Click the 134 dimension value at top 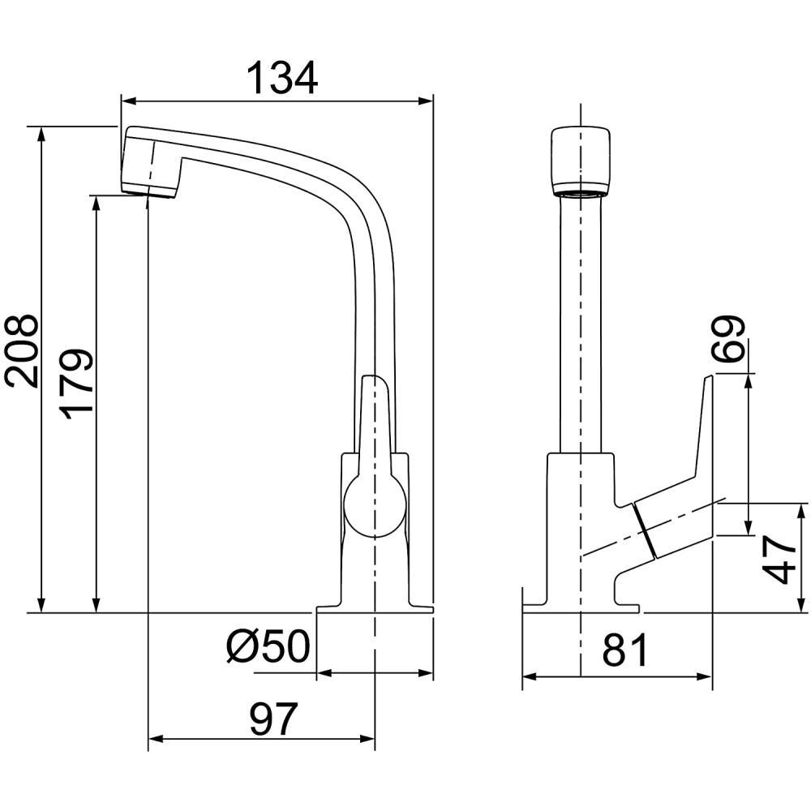pyautogui.click(x=281, y=78)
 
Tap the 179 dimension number pyautogui.click(x=75, y=380)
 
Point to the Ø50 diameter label pyautogui.click(x=268, y=646)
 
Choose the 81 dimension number pyautogui.click(x=624, y=650)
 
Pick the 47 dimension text pyautogui.click(x=779, y=560)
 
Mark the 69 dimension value pyautogui.click(x=727, y=339)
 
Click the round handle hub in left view pyautogui.click(x=375, y=506)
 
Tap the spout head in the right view pyautogui.click(x=581, y=161)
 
